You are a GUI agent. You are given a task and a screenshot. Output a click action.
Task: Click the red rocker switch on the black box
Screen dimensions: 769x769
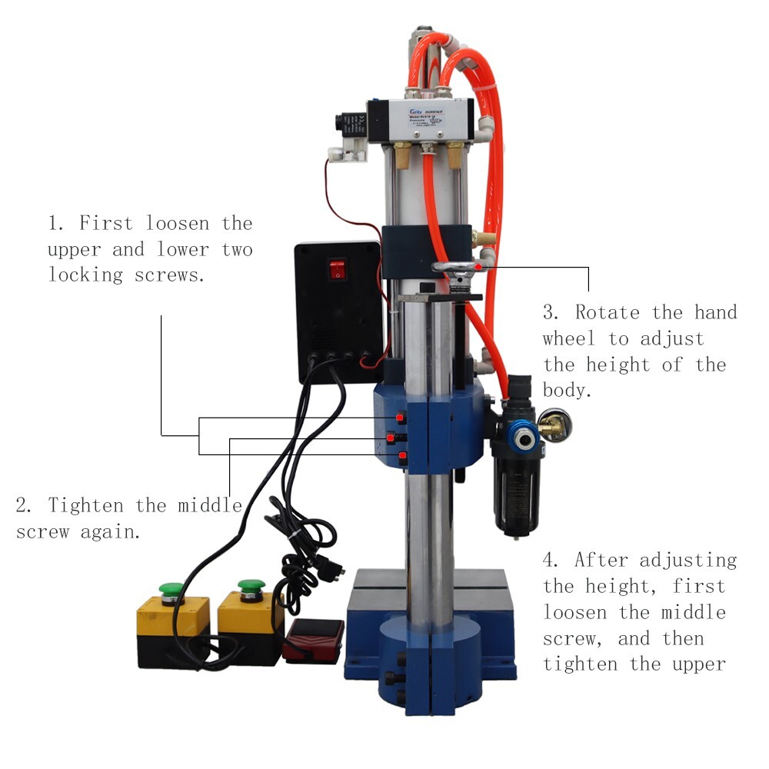click(337, 269)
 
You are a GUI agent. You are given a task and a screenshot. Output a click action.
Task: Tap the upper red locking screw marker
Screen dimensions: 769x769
click(401, 418)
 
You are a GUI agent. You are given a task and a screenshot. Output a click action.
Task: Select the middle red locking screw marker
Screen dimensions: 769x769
click(391, 438)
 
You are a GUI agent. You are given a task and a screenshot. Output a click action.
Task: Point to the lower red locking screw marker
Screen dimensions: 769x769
click(402, 458)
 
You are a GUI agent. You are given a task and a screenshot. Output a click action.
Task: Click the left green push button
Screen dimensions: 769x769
click(171, 591)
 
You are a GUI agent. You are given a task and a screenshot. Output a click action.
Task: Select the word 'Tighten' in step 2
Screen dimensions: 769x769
click(86, 506)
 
